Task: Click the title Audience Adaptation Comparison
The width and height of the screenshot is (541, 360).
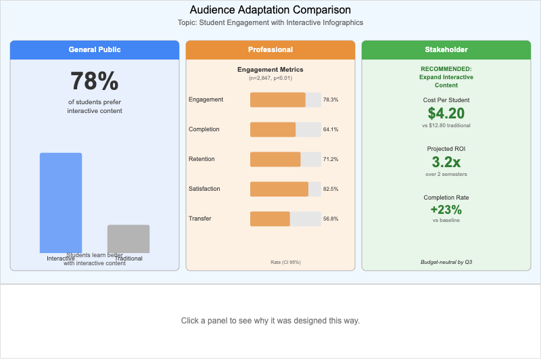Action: [x=270, y=9]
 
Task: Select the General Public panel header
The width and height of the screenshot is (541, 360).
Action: [x=95, y=49]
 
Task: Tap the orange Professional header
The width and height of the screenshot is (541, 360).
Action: [x=270, y=49]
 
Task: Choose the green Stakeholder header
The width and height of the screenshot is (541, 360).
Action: [x=446, y=49]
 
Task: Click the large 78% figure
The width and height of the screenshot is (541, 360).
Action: [x=95, y=81]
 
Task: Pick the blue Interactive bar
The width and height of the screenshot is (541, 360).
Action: [x=61, y=202]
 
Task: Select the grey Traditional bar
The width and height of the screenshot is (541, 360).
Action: [x=128, y=238]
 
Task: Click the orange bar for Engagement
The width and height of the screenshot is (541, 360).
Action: [x=278, y=99]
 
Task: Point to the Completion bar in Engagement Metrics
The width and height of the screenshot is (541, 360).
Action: [x=273, y=129]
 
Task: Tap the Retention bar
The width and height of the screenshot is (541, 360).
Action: [x=275, y=159]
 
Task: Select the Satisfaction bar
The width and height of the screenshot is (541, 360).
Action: [x=279, y=189]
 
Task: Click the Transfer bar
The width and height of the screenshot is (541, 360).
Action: [x=270, y=219]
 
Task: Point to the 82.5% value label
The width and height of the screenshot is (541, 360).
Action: [x=331, y=189]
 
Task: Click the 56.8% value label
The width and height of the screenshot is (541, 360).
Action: [x=331, y=219]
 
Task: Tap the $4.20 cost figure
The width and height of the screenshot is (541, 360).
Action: [x=446, y=113]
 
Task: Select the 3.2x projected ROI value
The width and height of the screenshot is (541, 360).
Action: [x=446, y=162]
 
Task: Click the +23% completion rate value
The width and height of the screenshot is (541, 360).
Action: [x=446, y=210]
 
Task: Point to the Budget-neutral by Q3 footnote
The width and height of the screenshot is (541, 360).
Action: [x=446, y=261]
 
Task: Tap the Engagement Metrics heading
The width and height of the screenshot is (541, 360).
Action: [x=270, y=70]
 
